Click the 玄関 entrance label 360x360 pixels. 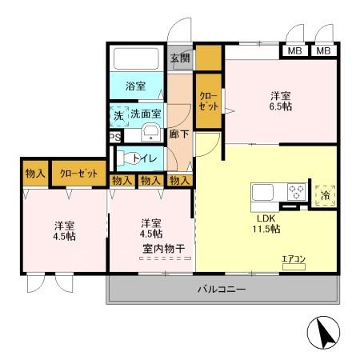(x=179, y=58)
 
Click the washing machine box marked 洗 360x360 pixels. (x=118, y=114)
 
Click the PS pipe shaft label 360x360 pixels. (x=114, y=136)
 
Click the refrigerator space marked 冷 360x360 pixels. (x=325, y=193)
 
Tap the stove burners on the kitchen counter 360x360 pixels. (x=297, y=192)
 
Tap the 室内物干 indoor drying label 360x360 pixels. (x=164, y=249)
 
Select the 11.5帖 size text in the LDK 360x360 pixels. (x=268, y=229)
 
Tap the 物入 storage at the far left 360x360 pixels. (x=34, y=173)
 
